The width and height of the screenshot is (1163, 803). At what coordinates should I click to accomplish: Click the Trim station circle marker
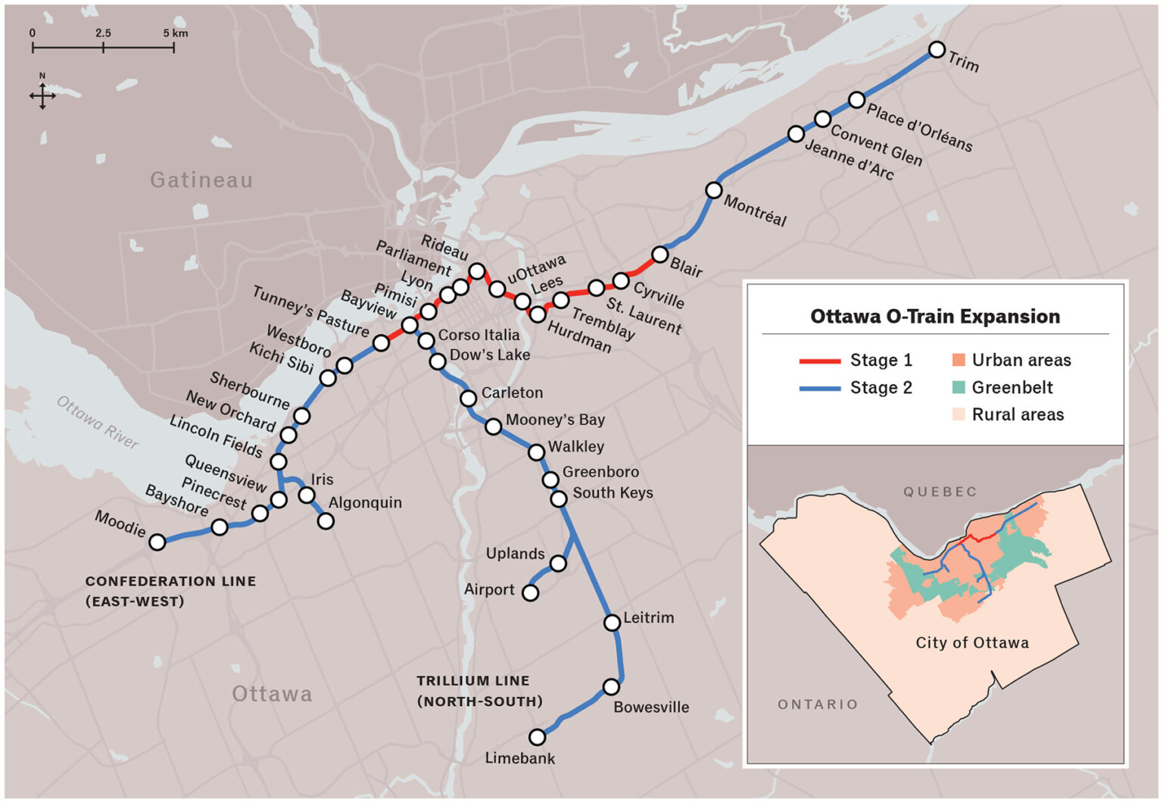point(937,50)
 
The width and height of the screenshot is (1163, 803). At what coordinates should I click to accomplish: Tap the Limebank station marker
point(537,737)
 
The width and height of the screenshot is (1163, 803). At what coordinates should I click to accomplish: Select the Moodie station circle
point(157,542)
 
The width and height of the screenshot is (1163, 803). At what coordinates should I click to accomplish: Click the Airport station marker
point(531,592)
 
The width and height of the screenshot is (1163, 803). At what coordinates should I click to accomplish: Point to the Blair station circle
point(660,254)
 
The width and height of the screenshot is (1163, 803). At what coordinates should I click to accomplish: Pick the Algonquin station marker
point(326,521)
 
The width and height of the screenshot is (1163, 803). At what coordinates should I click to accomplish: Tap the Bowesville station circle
point(611,687)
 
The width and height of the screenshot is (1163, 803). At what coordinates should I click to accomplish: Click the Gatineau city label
point(201,180)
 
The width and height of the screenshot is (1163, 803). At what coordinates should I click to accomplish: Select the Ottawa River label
point(98,423)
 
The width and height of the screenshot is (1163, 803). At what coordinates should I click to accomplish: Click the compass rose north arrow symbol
point(42,95)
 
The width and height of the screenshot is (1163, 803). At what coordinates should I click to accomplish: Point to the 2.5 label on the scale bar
point(103,33)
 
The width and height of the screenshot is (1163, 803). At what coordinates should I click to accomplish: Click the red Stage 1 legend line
point(820,361)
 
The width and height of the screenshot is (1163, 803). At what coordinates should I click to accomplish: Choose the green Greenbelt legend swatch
point(959,388)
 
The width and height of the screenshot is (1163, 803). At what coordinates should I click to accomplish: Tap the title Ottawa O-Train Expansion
point(935,317)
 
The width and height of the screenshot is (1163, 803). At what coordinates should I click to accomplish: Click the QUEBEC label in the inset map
point(940,492)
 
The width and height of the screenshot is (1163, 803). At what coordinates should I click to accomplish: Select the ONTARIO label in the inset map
point(818,705)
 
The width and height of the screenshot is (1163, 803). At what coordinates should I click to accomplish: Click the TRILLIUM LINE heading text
point(473,681)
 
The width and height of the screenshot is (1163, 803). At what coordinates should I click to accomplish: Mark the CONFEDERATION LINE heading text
point(170,582)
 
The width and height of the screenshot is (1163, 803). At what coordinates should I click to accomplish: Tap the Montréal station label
point(755,211)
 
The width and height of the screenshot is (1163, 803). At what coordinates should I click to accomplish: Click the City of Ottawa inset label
point(972,643)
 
